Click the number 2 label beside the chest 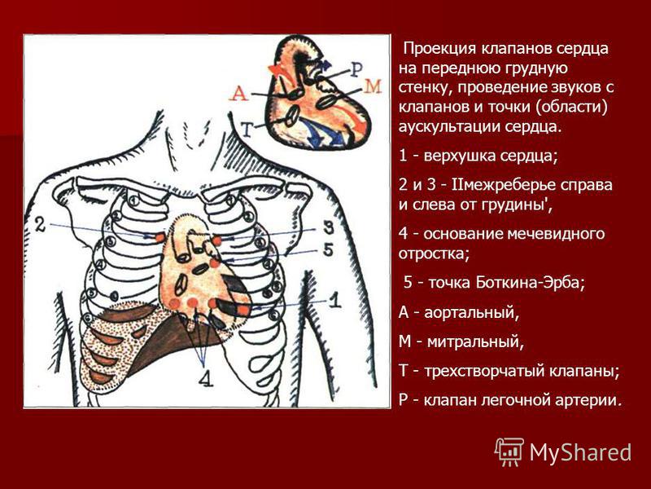[40, 225]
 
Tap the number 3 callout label [328, 227]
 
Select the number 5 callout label [328, 250]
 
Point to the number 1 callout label [335, 300]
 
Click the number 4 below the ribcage [206, 378]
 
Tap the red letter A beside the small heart [239, 93]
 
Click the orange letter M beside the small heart [373, 86]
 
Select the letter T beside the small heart [247, 130]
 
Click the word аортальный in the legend [471, 313]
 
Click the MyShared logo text [580, 452]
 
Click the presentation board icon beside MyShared [509, 452]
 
